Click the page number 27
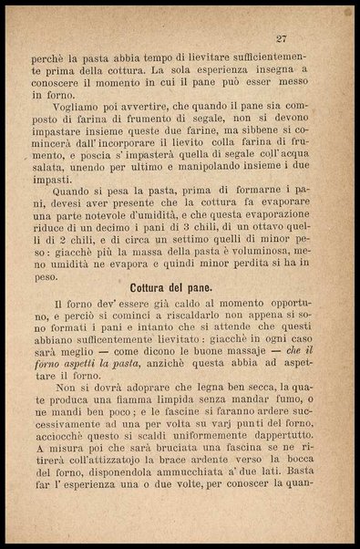(282, 38)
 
